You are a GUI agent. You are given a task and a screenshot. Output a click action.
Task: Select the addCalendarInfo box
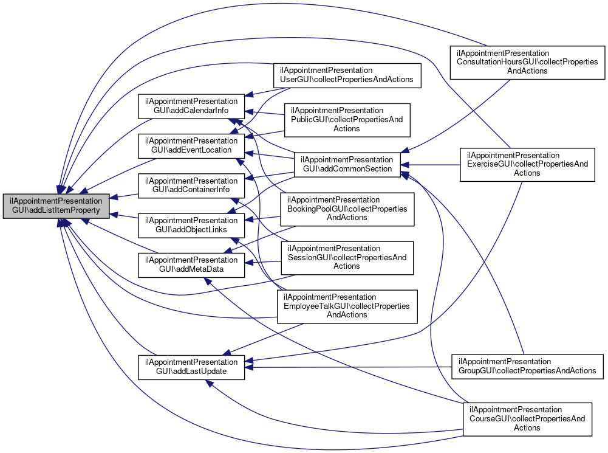[191, 106]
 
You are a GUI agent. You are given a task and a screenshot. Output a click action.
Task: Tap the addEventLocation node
[191, 145]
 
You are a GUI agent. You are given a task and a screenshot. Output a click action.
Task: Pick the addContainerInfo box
[191, 185]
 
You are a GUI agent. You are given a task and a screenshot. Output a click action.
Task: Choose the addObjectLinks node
[191, 225]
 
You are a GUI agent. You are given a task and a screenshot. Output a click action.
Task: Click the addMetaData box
[191, 265]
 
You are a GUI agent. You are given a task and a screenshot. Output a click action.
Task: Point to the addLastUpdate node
[191, 366]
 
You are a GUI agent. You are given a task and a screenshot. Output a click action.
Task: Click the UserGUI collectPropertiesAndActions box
[347, 75]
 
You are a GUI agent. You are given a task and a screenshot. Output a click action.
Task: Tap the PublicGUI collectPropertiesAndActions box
[347, 119]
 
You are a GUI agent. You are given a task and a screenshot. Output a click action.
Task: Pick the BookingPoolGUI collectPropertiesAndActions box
[347, 209]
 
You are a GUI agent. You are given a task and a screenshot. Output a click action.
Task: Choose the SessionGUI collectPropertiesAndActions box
[347, 257]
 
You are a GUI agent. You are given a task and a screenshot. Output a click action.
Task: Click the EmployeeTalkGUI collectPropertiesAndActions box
[347, 306]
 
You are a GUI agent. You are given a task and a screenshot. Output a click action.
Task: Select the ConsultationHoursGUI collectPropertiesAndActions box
[527, 62]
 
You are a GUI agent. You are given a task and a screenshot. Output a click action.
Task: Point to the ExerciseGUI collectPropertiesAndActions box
[527, 164]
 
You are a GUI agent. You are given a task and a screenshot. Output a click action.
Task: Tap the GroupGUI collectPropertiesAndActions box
[527, 366]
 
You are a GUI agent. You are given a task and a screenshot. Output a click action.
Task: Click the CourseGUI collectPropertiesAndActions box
[527, 418]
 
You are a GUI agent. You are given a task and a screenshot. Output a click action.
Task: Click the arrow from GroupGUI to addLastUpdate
[352, 367]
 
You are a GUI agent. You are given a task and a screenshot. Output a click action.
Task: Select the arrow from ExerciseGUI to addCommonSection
[431, 164]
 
